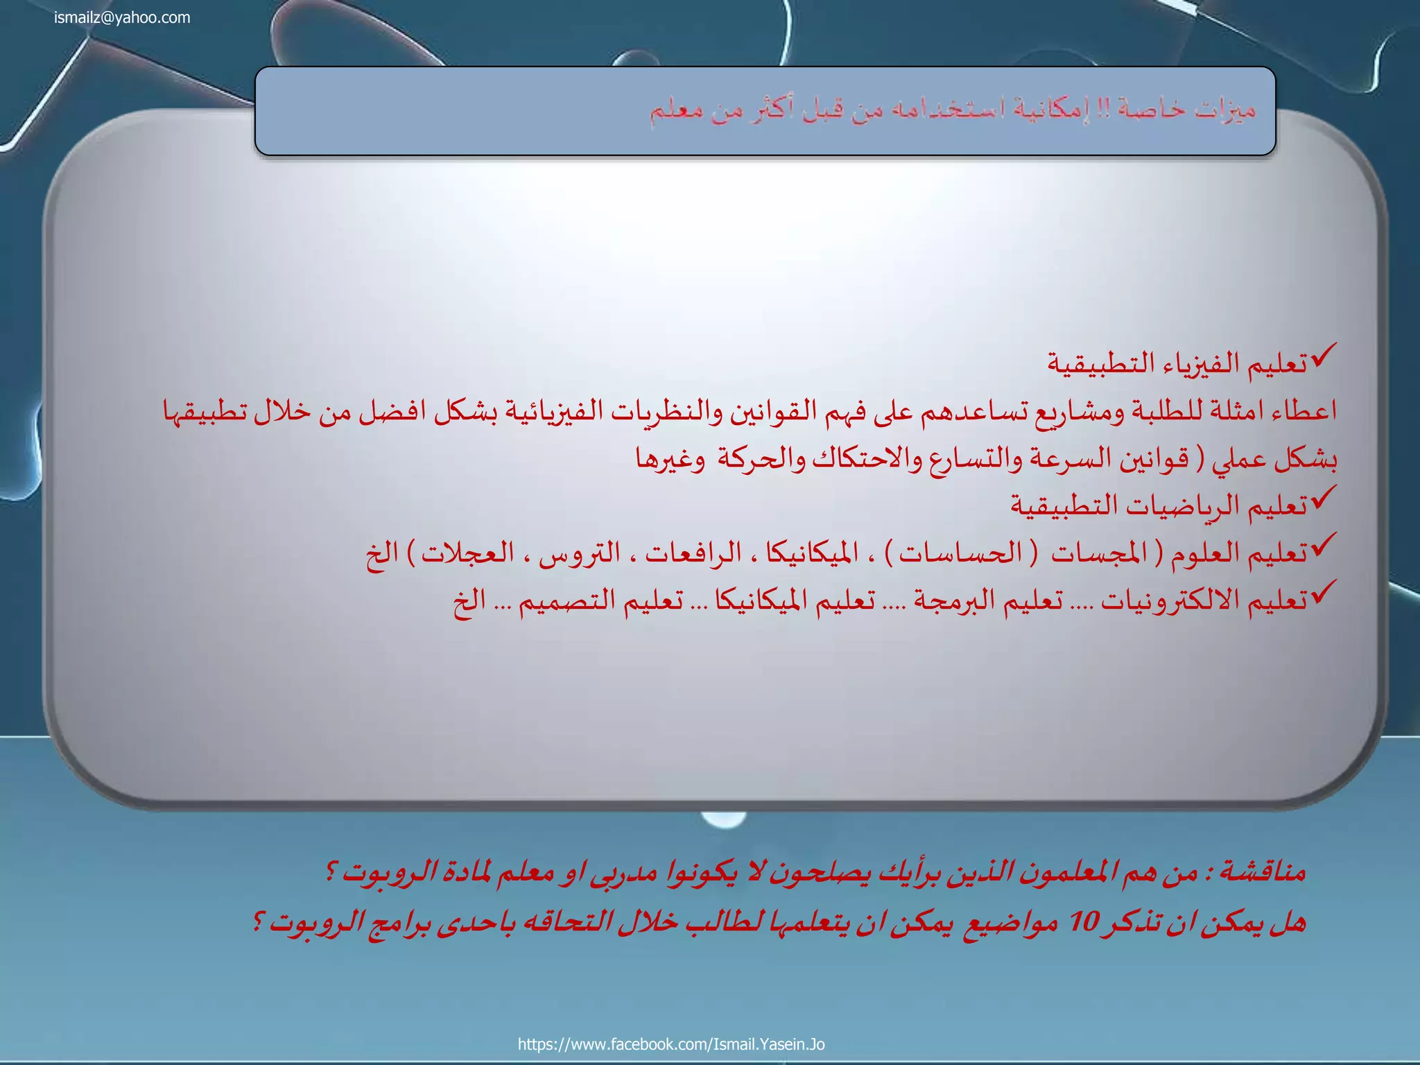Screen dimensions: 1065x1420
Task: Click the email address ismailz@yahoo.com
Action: point(122,18)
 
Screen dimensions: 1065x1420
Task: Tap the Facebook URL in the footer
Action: point(671,1044)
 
